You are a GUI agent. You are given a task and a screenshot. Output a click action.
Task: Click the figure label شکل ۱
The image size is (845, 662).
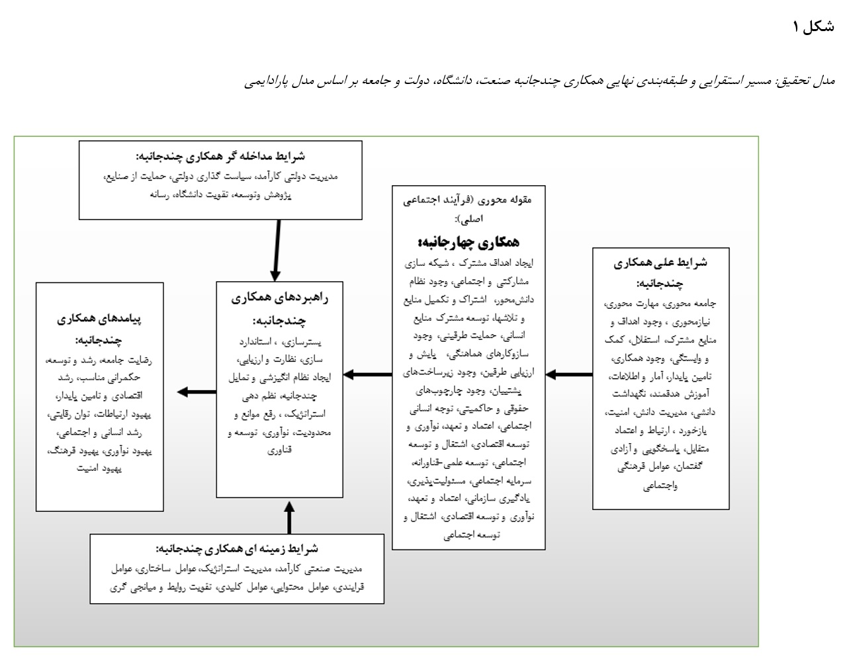[x=813, y=27]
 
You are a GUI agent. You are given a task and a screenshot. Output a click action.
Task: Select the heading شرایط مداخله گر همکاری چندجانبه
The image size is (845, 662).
[x=220, y=157]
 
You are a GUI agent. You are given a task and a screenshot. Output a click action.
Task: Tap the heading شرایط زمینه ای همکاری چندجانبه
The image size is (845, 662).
[x=237, y=549]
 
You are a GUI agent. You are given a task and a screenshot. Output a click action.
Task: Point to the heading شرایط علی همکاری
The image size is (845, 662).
[x=660, y=263]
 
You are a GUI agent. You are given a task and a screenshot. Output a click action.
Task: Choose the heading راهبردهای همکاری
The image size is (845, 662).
[x=280, y=298]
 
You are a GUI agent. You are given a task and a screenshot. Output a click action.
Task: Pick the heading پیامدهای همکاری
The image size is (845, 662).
[x=100, y=319]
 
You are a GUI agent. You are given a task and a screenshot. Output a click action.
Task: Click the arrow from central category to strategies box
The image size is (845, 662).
[x=368, y=375]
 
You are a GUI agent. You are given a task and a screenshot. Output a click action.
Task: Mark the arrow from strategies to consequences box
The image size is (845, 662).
[x=197, y=392]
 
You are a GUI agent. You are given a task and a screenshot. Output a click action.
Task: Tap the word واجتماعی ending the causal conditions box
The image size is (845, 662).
[x=660, y=486]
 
